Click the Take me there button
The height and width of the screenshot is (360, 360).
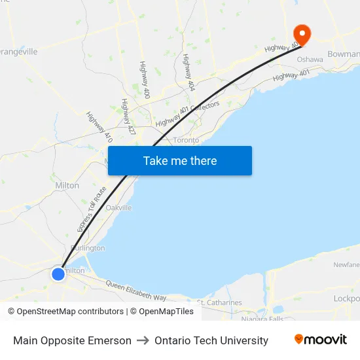tap(180, 160)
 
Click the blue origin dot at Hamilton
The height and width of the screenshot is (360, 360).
tap(58, 274)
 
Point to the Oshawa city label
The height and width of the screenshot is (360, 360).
tap(310, 60)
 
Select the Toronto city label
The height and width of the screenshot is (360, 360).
tap(186, 140)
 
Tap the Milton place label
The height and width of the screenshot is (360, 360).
tap(67, 185)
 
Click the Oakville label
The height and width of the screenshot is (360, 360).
tap(118, 207)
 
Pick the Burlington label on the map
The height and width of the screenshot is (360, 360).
tap(88, 248)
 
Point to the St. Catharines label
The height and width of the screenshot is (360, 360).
tap(219, 303)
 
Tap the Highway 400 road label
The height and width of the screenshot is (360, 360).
tap(145, 80)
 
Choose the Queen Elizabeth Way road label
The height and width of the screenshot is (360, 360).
tap(136, 291)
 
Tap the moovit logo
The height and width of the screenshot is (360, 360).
tap(320, 340)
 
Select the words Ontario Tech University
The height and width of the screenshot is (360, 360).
tap(211, 340)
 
